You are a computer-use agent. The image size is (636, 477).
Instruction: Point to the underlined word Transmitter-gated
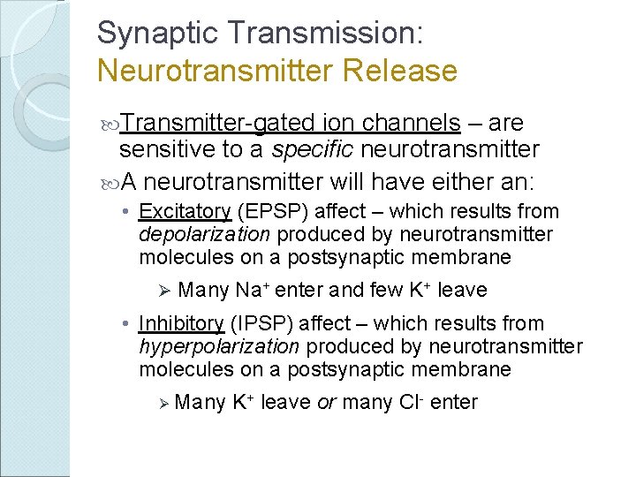(x=218, y=123)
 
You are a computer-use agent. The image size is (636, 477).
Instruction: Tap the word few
(x=382, y=290)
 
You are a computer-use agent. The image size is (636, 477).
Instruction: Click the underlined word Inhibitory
(x=182, y=324)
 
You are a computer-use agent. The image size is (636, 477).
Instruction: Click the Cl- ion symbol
(x=413, y=403)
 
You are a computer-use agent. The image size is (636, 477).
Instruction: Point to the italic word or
(x=325, y=403)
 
